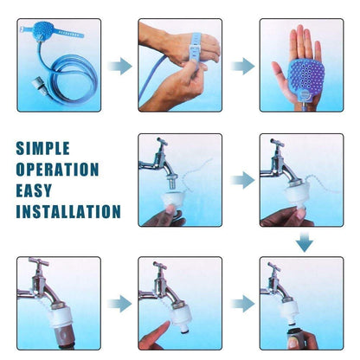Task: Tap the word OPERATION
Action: [x=58, y=169]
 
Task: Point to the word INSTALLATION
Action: [x=68, y=211]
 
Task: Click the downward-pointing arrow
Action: [x=304, y=242]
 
